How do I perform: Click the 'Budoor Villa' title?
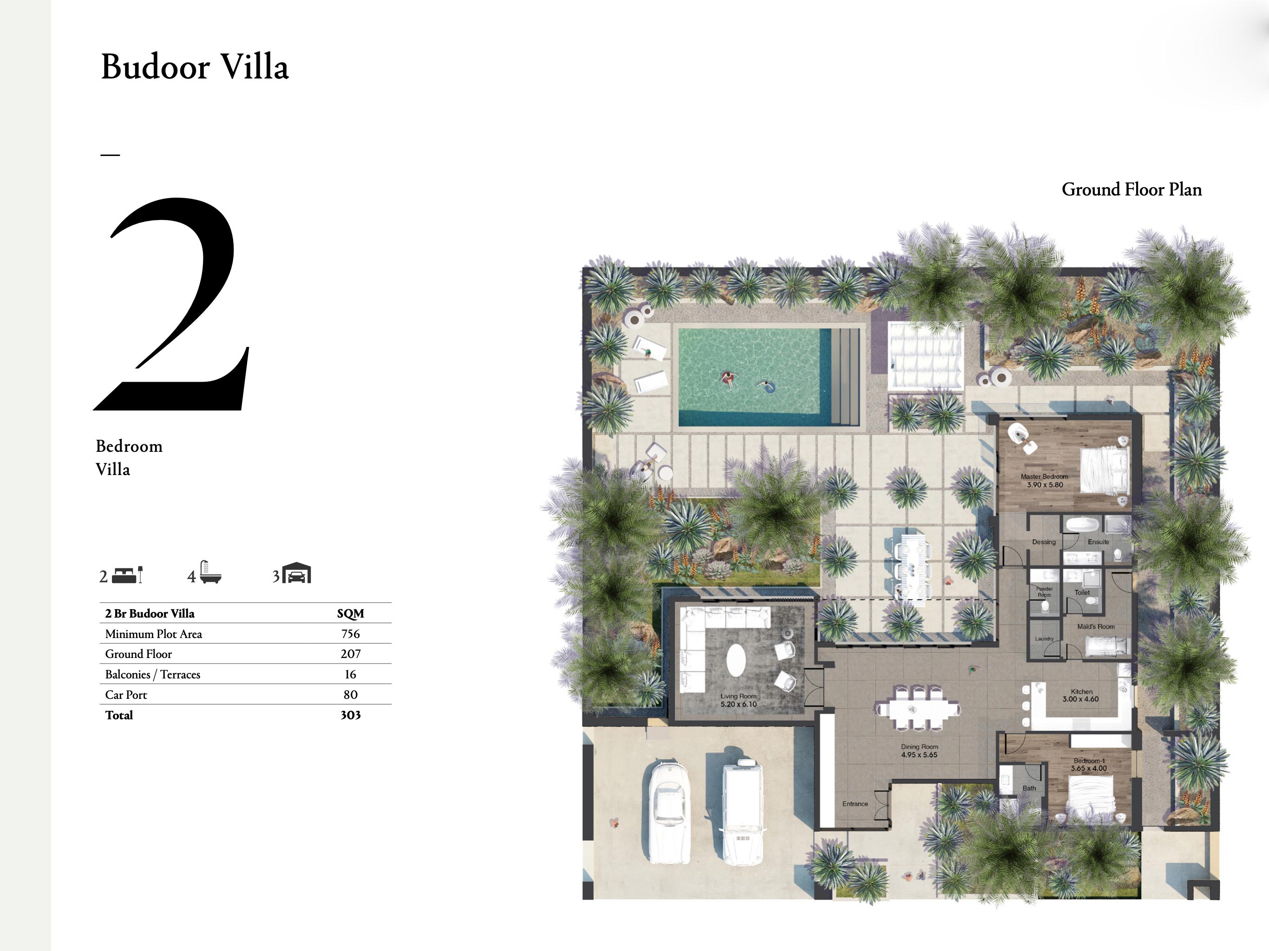[195, 67]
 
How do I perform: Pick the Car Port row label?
[126, 695]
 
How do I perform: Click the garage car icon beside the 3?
[297, 573]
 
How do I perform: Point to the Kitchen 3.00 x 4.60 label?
[1081, 695]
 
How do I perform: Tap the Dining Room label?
[919, 751]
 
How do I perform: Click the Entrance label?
[855, 804]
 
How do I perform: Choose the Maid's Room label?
[1096, 626]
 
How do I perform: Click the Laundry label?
[1044, 638]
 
